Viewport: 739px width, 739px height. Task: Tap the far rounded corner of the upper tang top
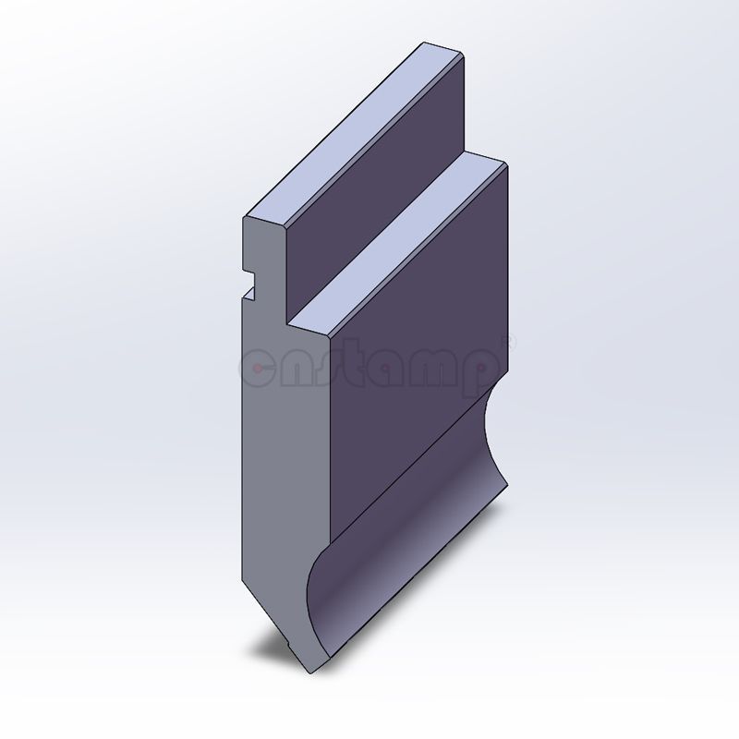coord(453,48)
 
